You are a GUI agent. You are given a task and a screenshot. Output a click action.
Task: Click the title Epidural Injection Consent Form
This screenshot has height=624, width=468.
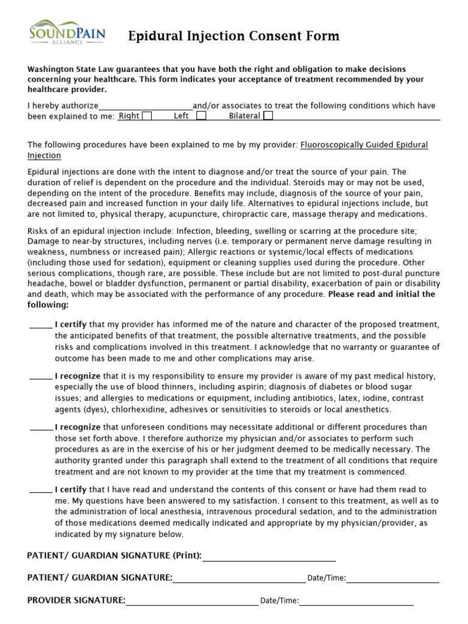click(x=233, y=37)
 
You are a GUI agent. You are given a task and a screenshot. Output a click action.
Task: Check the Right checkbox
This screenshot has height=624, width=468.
click(x=146, y=116)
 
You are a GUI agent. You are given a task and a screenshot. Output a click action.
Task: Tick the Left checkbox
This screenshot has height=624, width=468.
click(x=201, y=116)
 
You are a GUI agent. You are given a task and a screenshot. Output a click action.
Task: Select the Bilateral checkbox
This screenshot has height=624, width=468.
click(x=268, y=116)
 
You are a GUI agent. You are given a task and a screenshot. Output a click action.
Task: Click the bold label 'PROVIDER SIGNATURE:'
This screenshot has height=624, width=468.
click(x=76, y=600)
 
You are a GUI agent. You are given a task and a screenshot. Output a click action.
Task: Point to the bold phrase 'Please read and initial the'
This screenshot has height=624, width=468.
click(x=381, y=294)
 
